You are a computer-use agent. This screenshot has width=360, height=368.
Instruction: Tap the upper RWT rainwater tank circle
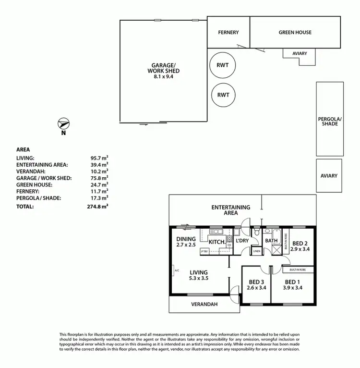(x=223, y=65)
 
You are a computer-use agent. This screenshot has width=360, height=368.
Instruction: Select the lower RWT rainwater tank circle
(x=223, y=95)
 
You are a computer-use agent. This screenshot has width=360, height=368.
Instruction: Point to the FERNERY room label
(x=228, y=33)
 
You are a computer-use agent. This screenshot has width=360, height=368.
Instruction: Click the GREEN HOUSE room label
(x=295, y=33)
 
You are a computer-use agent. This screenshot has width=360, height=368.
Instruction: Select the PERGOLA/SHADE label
(x=329, y=121)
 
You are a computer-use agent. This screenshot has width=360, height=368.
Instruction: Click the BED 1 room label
(x=293, y=282)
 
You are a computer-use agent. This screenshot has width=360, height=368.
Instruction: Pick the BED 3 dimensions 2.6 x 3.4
(x=256, y=288)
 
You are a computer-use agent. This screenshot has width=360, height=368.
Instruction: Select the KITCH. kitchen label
(x=217, y=242)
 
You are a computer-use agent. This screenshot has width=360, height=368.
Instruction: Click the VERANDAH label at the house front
(x=204, y=304)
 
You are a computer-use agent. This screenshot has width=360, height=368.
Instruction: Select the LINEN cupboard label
(x=257, y=251)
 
